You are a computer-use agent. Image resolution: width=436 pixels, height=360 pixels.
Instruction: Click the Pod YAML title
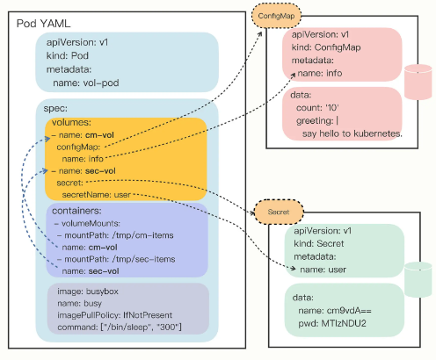[43, 24]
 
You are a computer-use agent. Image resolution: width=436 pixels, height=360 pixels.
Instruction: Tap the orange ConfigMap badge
[276, 16]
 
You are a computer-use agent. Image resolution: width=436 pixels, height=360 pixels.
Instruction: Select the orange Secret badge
[279, 212]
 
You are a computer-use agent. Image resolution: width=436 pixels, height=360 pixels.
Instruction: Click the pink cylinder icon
[418, 82]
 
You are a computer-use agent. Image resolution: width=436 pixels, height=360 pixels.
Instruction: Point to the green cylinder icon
[418, 279]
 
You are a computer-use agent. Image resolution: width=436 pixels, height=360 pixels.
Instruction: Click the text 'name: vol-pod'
[86, 83]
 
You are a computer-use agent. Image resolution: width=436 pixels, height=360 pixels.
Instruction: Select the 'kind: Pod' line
[68, 55]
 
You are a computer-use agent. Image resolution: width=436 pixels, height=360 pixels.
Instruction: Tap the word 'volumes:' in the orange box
[71, 122]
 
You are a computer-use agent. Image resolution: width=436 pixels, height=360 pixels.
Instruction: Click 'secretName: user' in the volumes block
[97, 195]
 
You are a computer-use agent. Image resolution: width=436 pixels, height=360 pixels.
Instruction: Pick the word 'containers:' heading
[76, 211]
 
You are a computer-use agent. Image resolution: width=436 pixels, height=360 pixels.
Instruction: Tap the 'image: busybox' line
[88, 292]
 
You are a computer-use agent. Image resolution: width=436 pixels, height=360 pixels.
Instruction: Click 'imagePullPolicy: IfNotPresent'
[115, 315]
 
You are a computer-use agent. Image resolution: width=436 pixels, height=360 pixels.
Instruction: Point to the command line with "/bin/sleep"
[120, 327]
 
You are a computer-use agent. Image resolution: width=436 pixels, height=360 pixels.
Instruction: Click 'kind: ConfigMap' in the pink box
[326, 47]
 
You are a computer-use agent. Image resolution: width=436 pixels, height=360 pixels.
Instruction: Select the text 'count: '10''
[317, 108]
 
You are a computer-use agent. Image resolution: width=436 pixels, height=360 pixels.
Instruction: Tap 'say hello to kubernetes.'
[352, 133]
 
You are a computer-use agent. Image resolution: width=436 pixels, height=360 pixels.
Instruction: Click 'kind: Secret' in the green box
[319, 243]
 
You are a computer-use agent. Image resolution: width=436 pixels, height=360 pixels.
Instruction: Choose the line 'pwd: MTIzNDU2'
[332, 323]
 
